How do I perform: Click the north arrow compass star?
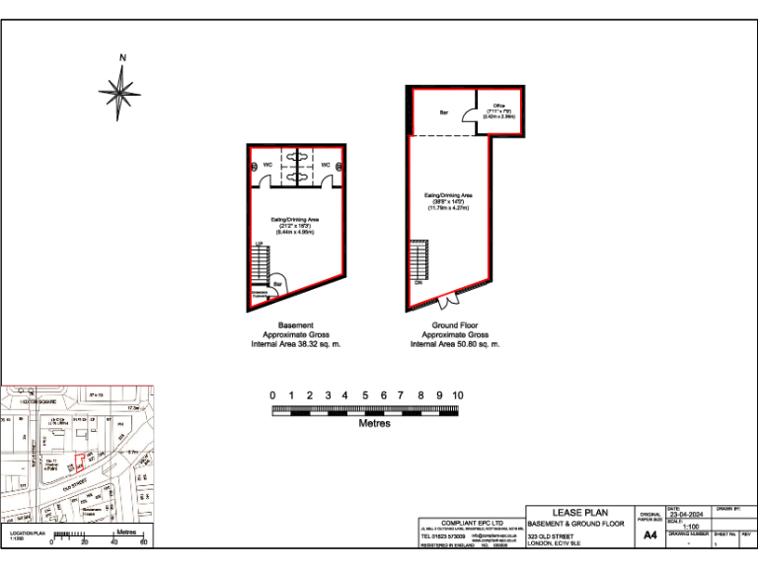(121, 93)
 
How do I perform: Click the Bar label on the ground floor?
(444, 112)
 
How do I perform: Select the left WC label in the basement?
(266, 165)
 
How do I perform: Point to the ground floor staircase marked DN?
(419, 260)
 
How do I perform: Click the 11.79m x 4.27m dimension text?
(449, 208)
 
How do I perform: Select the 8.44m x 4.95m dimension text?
(295, 231)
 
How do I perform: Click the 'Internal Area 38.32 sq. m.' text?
(295, 344)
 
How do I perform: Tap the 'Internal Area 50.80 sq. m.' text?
(454, 344)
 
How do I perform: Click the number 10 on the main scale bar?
(457, 394)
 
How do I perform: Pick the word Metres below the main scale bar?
(374, 424)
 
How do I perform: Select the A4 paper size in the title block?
(649, 535)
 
